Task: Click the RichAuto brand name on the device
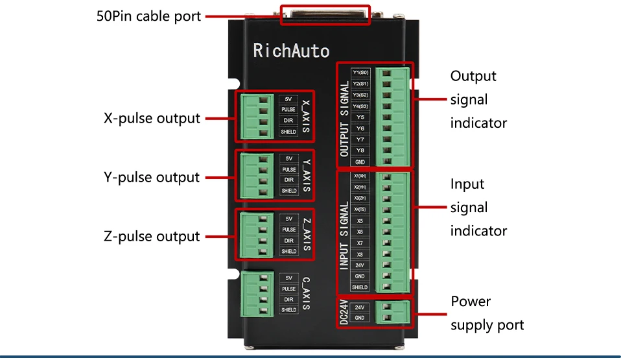tap(291, 51)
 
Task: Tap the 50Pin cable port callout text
tap(148, 16)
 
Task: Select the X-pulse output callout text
tap(152, 119)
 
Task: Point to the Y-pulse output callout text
tap(152, 177)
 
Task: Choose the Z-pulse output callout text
tap(152, 236)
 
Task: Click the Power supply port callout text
tap(487, 313)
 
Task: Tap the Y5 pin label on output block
tap(360, 117)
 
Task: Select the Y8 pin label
tap(360, 150)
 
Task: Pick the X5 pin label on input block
tap(360, 221)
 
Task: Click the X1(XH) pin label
tap(360, 176)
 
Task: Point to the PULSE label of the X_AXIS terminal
tap(288, 110)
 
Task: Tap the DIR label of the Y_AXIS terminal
tap(289, 180)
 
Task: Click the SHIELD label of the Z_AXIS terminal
tap(289, 252)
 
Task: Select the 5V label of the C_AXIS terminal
tap(289, 278)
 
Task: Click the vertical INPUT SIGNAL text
tap(344, 235)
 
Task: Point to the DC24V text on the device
tap(344, 312)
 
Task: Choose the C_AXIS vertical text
tap(307, 294)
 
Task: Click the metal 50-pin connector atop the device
tap(325, 15)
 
